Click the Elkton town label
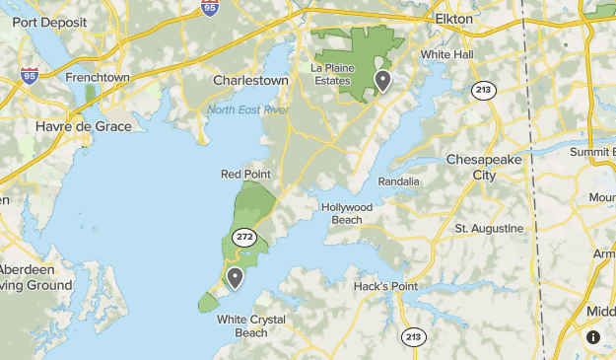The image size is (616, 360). point(454,19)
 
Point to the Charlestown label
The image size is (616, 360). point(250,81)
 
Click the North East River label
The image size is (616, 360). point(247,109)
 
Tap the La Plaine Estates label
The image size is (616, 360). point(341,74)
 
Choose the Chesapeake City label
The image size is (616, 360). point(485,167)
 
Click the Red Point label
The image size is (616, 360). point(245,175)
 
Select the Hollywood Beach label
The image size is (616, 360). point(347,213)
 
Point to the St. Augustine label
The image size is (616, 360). point(489,228)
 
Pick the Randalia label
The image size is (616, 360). point(398,181)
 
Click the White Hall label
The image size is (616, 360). point(447,54)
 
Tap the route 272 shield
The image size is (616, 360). point(245,238)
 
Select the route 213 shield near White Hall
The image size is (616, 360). point(483,91)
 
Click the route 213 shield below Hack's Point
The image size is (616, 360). point(413,337)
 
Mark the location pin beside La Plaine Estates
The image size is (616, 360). point(381,81)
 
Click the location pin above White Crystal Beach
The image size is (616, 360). point(235,277)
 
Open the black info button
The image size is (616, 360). point(592,337)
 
